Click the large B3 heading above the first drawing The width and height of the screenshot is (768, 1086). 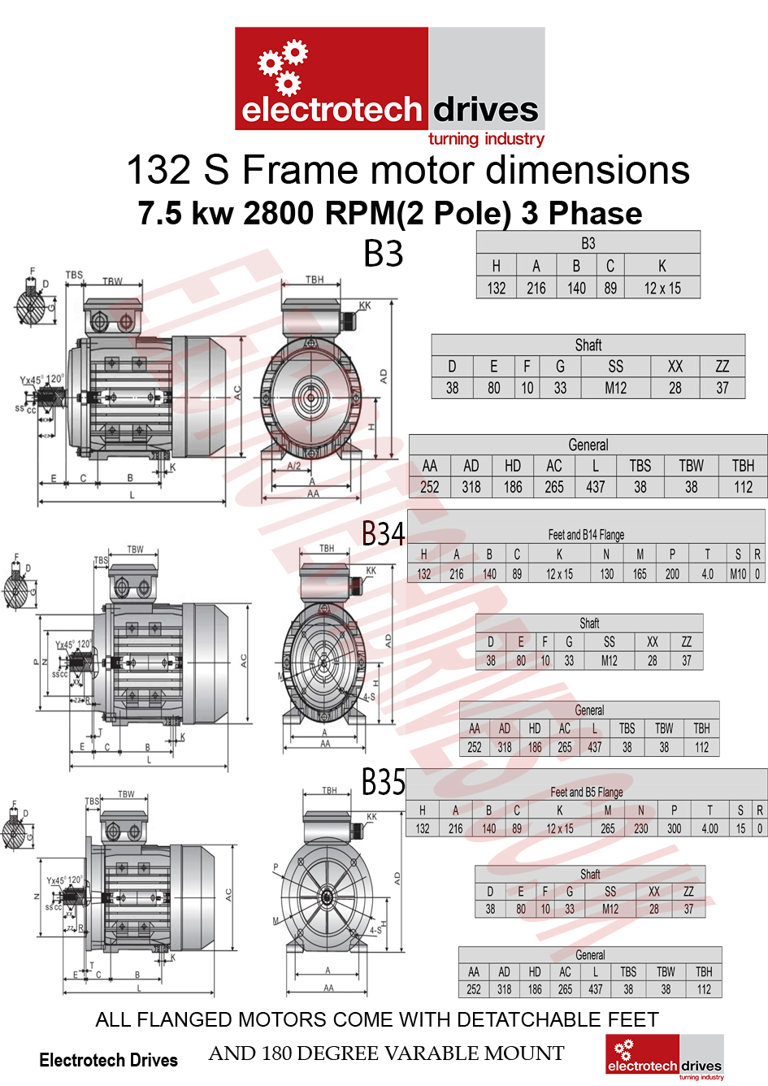[x=383, y=254]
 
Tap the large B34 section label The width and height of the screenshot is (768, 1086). [x=383, y=534]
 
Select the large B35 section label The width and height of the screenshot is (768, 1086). [x=383, y=783]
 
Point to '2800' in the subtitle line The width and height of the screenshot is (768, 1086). [x=279, y=213]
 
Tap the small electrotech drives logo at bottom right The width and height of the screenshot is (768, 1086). [x=664, y=1057]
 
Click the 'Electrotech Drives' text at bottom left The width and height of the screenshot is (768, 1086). [x=108, y=1060]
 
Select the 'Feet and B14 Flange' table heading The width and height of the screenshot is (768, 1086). [x=586, y=535]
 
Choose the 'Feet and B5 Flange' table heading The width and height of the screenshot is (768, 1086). [x=586, y=792]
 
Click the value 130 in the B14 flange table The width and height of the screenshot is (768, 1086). [x=607, y=574]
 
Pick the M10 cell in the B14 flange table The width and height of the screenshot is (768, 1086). [x=738, y=574]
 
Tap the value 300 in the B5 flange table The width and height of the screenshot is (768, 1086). [x=674, y=828]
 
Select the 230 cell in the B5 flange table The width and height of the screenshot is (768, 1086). [x=641, y=828]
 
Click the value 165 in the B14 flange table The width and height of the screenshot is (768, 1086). [x=640, y=574]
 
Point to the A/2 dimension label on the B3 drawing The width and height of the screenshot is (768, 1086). [x=294, y=466]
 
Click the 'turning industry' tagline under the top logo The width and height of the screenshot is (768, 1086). [x=486, y=139]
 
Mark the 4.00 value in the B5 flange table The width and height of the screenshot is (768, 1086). [x=709, y=828]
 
